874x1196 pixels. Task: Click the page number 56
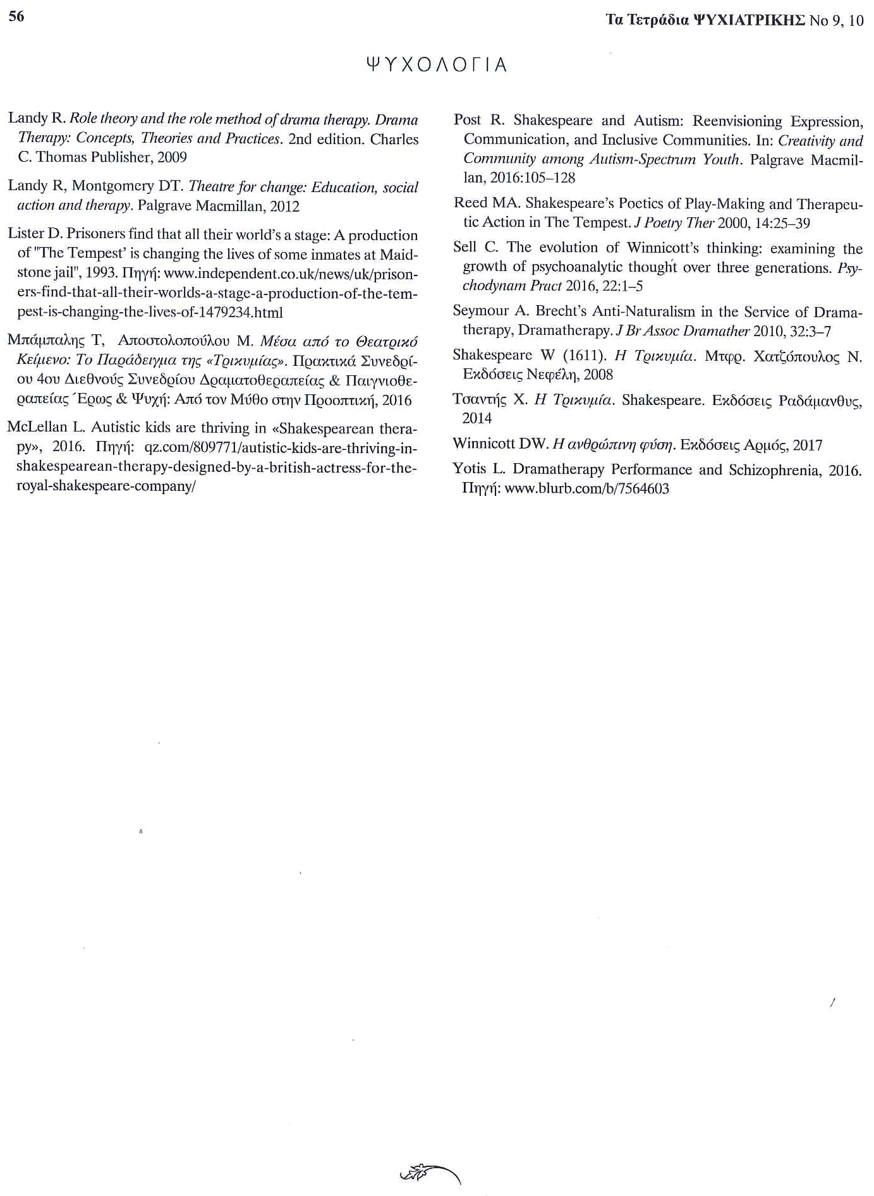click(x=16, y=17)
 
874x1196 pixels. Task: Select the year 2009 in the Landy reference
click(x=172, y=157)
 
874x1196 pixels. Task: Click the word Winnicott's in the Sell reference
click(x=662, y=248)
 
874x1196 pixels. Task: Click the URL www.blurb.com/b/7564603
click(x=587, y=489)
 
